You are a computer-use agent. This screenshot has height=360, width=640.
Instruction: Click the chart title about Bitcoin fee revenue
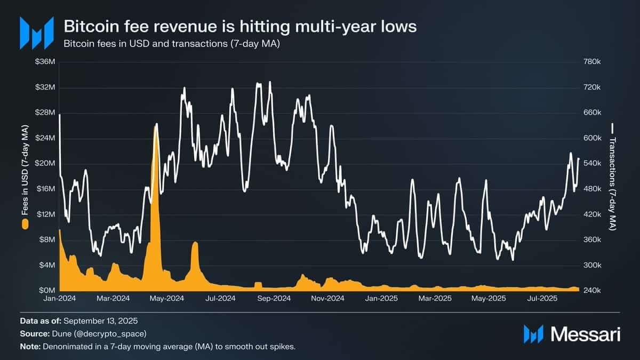tap(240, 27)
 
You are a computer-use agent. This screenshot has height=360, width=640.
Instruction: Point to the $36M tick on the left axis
tap(45, 62)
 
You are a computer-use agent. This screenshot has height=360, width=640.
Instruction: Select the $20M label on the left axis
tap(45, 163)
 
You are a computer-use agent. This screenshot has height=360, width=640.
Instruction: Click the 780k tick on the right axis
tap(592, 62)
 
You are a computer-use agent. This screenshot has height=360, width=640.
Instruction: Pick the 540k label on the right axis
tap(592, 163)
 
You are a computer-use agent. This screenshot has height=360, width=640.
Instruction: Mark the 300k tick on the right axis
tap(592, 265)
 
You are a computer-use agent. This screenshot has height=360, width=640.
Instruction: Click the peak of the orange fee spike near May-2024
tap(156, 124)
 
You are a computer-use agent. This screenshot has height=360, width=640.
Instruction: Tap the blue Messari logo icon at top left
tap(37, 33)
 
